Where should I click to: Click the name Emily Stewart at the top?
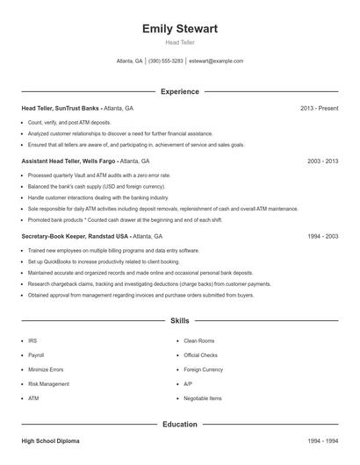click(180, 29)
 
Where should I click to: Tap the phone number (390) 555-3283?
click(166, 61)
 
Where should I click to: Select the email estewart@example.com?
click(216, 61)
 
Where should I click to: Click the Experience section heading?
click(180, 91)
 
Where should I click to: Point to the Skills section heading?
click(180, 322)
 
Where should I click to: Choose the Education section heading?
click(180, 425)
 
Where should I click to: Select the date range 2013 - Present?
click(320, 108)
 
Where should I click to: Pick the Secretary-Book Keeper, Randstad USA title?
click(75, 237)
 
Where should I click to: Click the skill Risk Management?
click(48, 383)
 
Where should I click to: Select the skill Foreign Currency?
click(205, 369)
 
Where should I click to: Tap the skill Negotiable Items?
click(204, 398)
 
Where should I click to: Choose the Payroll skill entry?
click(36, 355)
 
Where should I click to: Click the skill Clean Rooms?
click(200, 340)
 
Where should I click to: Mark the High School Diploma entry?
click(51, 442)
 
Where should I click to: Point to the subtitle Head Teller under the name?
click(180, 42)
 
